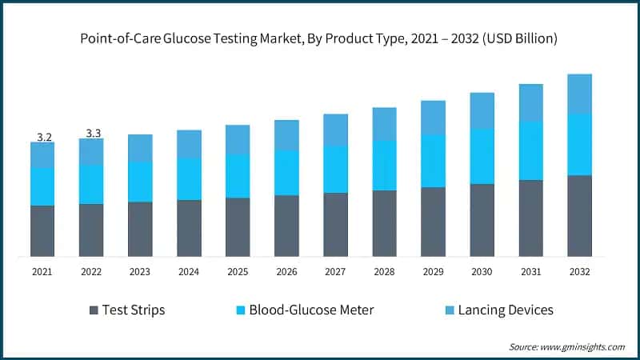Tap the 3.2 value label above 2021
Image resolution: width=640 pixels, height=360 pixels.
point(44,137)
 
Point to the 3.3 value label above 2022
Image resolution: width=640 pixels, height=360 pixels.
point(93,134)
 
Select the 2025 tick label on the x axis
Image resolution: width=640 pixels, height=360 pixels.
point(238,272)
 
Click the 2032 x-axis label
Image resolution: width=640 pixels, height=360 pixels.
point(579,272)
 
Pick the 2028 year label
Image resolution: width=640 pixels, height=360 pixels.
point(384,272)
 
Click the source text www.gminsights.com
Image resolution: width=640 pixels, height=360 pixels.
point(566,346)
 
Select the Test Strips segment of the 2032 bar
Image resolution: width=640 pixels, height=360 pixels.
point(579,216)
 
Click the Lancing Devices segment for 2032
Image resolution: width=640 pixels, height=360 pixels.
point(579,94)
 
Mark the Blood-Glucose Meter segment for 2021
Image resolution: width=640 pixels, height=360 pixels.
point(42,186)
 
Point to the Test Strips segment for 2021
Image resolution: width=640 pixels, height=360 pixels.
point(42,231)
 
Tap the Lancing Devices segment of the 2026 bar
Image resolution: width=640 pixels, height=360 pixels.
point(286,134)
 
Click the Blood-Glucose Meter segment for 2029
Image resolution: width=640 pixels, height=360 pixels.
point(433,161)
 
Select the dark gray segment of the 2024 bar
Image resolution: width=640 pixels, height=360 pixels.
point(189,228)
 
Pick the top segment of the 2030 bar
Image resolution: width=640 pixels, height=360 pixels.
point(482,110)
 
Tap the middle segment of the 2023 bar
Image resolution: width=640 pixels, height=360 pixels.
point(140,182)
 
